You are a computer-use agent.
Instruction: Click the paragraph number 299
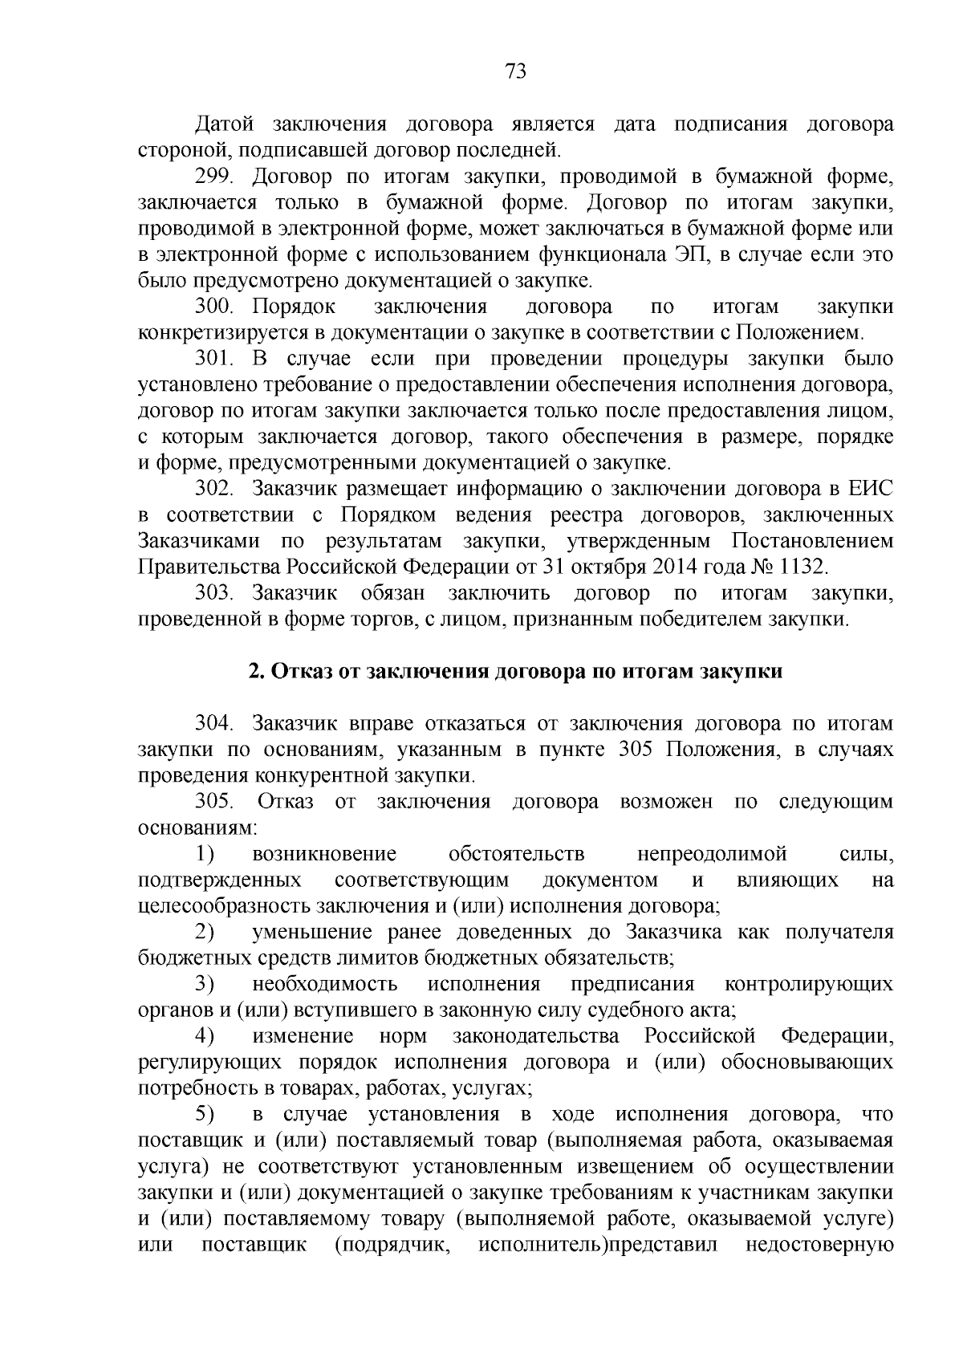(x=214, y=177)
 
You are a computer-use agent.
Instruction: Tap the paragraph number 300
(x=214, y=307)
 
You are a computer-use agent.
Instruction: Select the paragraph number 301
(x=214, y=359)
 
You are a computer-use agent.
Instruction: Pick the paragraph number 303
(x=214, y=594)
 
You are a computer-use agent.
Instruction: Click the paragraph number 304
(x=214, y=725)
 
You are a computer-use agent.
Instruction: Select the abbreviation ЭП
(x=681, y=255)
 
